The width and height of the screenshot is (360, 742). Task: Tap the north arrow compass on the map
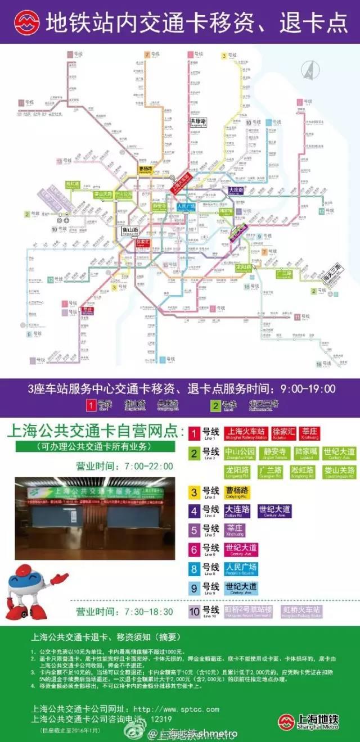(x=309, y=70)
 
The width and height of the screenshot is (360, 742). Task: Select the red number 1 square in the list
(x=194, y=433)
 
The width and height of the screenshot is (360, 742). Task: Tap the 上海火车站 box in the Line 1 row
(x=245, y=433)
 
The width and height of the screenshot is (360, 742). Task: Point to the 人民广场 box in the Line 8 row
(x=241, y=569)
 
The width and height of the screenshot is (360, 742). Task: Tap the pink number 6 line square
(x=194, y=550)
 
